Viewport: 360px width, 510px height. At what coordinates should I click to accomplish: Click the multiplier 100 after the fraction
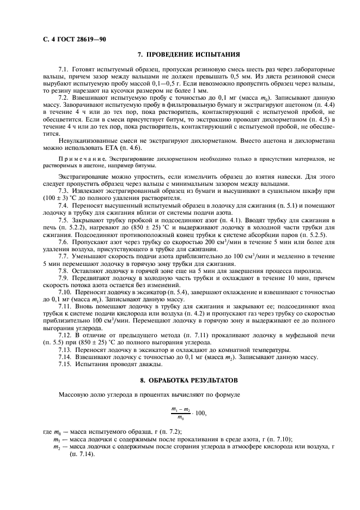[200, 413]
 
